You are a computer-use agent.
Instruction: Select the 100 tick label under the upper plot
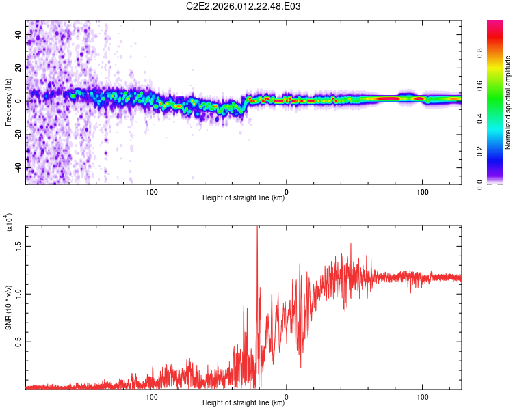click(423, 191)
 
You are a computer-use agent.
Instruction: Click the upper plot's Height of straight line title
click(244, 198)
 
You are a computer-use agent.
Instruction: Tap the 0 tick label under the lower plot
click(287, 396)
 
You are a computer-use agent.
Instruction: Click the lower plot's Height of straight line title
click(244, 403)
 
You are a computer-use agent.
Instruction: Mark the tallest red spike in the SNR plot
click(257, 228)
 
